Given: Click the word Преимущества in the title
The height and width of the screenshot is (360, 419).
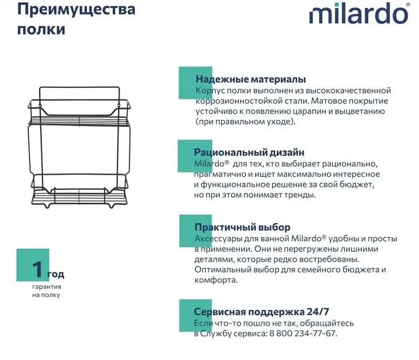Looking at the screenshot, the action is (77, 10).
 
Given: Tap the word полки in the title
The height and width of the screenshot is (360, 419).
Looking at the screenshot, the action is (41, 30).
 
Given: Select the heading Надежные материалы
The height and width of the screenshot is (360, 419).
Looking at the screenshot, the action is (251, 79).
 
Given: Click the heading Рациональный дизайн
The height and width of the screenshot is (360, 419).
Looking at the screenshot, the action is (249, 153).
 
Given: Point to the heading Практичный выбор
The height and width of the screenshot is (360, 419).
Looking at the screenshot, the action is (242, 227).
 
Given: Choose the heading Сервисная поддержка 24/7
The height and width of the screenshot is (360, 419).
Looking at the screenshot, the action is (262, 311).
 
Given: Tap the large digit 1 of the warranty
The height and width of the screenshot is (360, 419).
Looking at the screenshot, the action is (38, 269).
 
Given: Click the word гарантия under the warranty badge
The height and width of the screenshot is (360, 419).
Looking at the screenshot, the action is (47, 287).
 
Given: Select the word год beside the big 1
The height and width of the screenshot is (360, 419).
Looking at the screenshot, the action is (56, 274).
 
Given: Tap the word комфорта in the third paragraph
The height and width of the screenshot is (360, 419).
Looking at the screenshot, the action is (216, 280).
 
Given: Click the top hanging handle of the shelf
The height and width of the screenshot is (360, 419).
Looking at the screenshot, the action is (79, 88).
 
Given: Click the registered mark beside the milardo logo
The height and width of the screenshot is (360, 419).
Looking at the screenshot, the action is (408, 4).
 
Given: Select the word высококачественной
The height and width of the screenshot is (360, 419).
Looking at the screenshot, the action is (348, 91).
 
